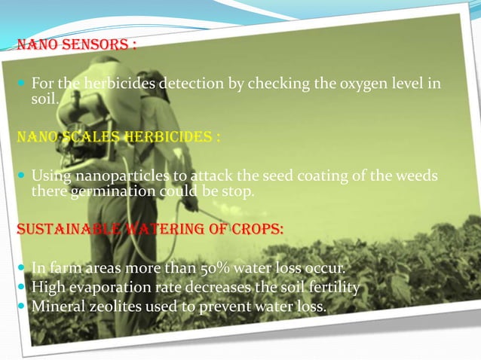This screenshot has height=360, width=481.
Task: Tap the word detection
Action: click(195, 84)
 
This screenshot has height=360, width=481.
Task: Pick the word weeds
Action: click(418, 176)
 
